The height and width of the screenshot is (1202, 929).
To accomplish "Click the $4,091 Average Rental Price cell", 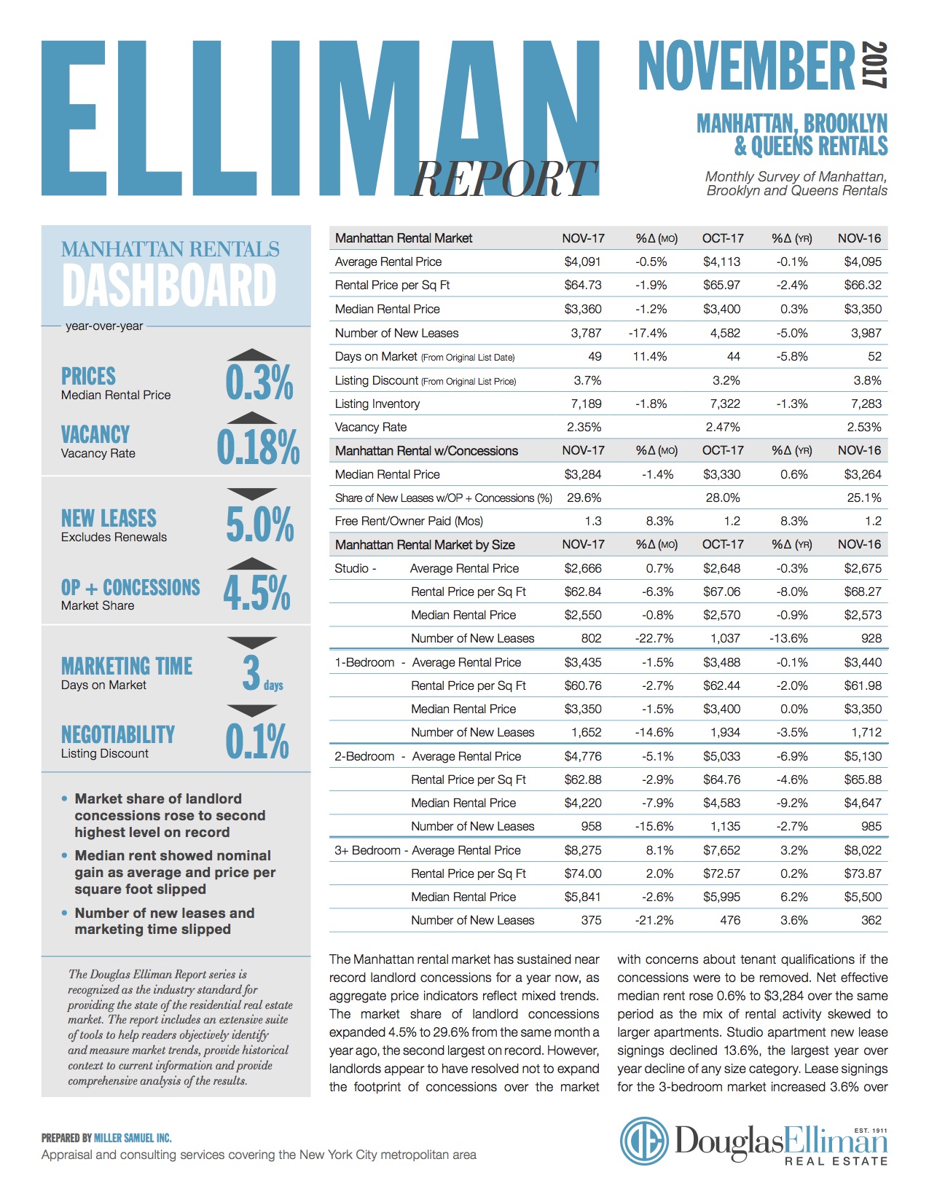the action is click(x=582, y=262).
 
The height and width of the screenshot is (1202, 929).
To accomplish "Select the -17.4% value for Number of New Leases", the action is click(x=647, y=333).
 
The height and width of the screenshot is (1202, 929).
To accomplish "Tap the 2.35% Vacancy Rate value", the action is click(x=584, y=427).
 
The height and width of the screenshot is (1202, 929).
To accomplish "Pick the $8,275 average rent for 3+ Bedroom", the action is click(x=582, y=850).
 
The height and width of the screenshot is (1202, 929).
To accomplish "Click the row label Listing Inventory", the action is click(x=377, y=404).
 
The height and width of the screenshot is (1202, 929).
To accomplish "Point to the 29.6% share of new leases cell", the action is click(x=584, y=498).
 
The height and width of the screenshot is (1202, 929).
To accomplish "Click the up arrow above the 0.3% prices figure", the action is click(x=252, y=355).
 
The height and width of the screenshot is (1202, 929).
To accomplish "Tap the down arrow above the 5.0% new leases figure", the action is click(x=252, y=494).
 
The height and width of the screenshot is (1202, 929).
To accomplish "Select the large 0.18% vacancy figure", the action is click(x=258, y=447).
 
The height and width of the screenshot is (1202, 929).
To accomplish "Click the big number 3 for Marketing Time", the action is click(x=251, y=672).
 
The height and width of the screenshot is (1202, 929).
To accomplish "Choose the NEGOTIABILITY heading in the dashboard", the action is click(x=118, y=734).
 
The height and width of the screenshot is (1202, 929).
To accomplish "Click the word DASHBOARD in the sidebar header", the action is click(x=169, y=285).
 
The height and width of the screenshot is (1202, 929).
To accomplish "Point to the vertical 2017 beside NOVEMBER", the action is click(x=875, y=65).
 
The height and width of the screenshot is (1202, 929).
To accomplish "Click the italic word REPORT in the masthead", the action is click(x=503, y=178).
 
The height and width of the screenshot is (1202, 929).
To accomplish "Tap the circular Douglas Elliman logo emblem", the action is click(x=643, y=1140).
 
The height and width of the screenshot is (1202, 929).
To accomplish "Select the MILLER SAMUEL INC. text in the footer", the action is click(x=133, y=1138).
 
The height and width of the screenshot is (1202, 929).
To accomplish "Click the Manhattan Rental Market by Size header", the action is click(x=425, y=545).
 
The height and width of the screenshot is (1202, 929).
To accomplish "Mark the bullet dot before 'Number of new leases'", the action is click(x=65, y=913).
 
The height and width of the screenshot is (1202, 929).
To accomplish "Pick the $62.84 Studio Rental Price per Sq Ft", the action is click(x=582, y=592).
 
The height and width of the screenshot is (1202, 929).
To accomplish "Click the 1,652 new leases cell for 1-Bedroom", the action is click(x=586, y=732).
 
